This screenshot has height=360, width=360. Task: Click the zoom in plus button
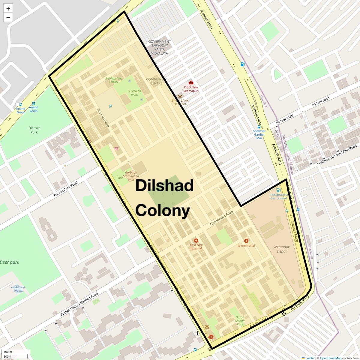pyautogui.click(x=8, y=9)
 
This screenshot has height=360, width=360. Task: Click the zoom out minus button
pyautogui.click(x=8, y=18)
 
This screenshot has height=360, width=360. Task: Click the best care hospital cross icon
pyautogui.click(x=196, y=241)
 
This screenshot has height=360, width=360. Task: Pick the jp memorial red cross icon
pyautogui.click(x=246, y=241)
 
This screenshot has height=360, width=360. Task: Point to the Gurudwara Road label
pyautogui.click(x=221, y=218)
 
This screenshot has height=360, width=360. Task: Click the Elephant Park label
pyautogui.click(x=134, y=93)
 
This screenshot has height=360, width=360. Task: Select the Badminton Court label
pyautogui.click(x=114, y=80)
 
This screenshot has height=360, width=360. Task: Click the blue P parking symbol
pyautogui.click(x=111, y=106)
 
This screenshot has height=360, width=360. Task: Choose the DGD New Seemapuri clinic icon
pyautogui.click(x=191, y=82)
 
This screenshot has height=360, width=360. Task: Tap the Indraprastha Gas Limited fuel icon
pyautogui.click(x=278, y=190)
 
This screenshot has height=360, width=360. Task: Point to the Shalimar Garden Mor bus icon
pyautogui.click(x=259, y=127)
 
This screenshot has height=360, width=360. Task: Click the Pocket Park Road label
pyautogui.click(x=66, y=189)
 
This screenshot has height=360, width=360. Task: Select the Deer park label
pyautogui.click(x=10, y=262)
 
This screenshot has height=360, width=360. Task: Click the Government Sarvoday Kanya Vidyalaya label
pyautogui.click(x=160, y=47)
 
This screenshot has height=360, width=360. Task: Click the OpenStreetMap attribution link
pyautogui.click(x=330, y=358)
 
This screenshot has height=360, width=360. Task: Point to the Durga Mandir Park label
pyautogui.click(x=240, y=321)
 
